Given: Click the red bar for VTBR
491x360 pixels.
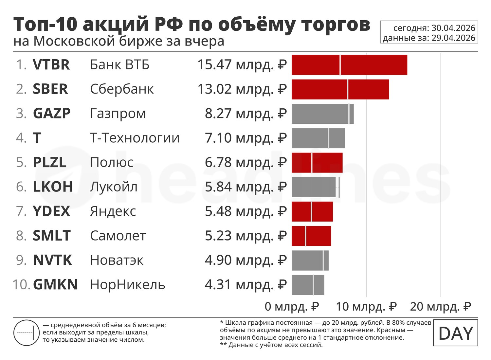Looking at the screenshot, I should pyautogui.click(x=349, y=65).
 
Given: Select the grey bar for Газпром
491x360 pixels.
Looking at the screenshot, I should pyautogui.click(x=322, y=114).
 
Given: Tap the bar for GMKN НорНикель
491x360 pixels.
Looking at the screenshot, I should pyautogui.click(x=308, y=285).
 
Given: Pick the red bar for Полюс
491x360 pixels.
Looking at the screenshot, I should pyautogui.click(x=317, y=162).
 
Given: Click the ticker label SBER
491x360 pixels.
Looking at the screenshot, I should pyautogui.click(x=50, y=89).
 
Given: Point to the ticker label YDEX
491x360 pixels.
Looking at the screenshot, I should pyautogui.click(x=51, y=211).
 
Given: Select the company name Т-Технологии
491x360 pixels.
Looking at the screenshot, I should pyautogui.click(x=135, y=138).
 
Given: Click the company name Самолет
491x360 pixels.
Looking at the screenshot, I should pyautogui.click(x=118, y=236).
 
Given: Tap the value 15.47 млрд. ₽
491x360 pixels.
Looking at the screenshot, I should pyautogui.click(x=242, y=65).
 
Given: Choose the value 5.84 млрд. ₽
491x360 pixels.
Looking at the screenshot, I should pyautogui.click(x=245, y=187).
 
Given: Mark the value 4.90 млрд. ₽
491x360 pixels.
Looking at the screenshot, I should pyautogui.click(x=245, y=260).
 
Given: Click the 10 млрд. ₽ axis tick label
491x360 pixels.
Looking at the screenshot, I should pyautogui.click(x=366, y=307).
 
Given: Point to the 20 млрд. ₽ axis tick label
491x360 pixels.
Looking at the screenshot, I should pyautogui.click(x=441, y=307).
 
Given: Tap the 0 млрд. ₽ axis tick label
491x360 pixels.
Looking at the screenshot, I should pyautogui.click(x=292, y=307).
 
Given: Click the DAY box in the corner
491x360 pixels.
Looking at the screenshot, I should pyautogui.click(x=455, y=333).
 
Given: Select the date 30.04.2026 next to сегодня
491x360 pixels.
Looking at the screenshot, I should pyautogui.click(x=453, y=28).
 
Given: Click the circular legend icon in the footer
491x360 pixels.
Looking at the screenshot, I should pyautogui.click(x=27, y=333).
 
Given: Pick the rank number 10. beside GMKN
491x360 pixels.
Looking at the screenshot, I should pyautogui.click(x=21, y=285).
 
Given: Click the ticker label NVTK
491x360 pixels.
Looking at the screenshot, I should pyautogui.click(x=52, y=260).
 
